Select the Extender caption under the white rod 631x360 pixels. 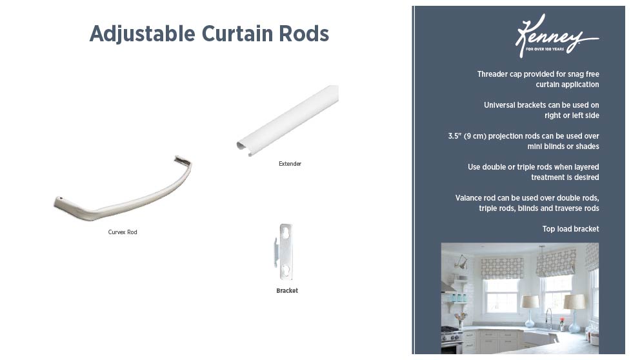click(x=290, y=164)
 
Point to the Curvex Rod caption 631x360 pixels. click(x=123, y=232)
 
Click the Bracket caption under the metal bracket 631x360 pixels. click(x=287, y=291)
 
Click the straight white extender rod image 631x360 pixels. click(x=288, y=120)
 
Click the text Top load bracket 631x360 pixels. click(x=571, y=229)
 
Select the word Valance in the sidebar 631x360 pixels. click(x=470, y=198)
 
